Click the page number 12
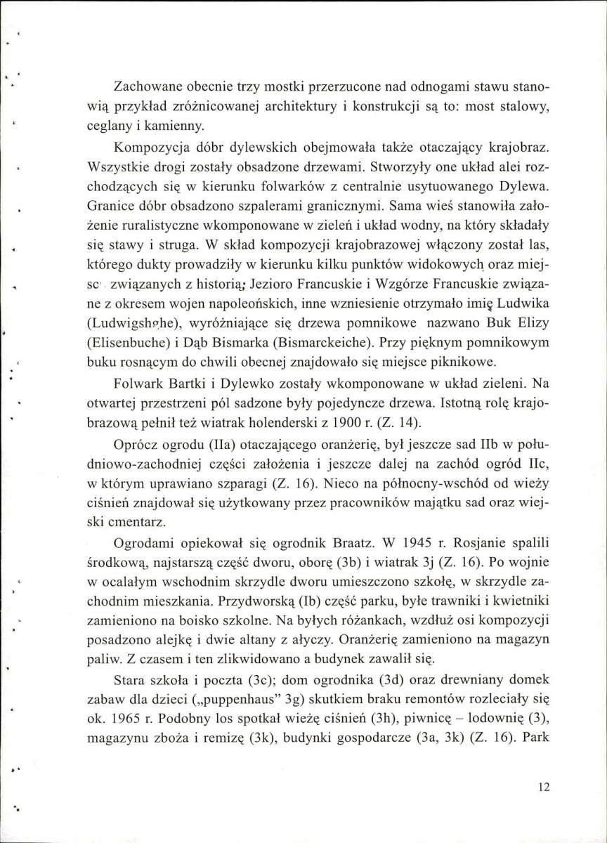click(x=542, y=788)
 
